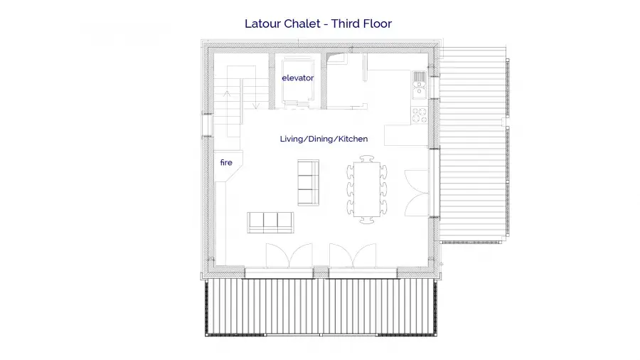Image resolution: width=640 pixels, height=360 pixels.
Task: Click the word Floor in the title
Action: pos(377,23)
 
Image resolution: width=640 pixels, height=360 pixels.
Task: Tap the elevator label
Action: pos(297,78)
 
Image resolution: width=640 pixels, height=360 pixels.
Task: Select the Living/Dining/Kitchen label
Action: pos(324,139)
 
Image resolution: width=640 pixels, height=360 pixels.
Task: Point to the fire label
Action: pos(226,162)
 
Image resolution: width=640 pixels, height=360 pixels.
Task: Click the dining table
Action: pos(367,189)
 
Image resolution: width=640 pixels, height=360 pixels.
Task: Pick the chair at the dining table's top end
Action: pos(367,159)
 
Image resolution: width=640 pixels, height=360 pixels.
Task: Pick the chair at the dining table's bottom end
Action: pos(367,221)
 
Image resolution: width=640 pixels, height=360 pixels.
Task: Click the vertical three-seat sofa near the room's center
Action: pos(308,182)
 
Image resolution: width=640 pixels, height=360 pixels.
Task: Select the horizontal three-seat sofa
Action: pos(270,223)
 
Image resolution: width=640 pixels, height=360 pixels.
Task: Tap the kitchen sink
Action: pos(419,85)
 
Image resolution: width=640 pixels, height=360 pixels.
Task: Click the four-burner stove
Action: pos(419,115)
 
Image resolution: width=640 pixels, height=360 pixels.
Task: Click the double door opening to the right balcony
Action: pos(416,193)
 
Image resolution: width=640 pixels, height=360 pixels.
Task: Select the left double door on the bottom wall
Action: pos(289,256)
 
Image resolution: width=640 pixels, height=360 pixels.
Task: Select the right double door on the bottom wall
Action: pos(353,256)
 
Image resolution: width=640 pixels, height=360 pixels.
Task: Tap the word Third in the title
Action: pos(345,23)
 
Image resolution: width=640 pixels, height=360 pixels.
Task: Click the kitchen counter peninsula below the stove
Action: pos(406,135)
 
